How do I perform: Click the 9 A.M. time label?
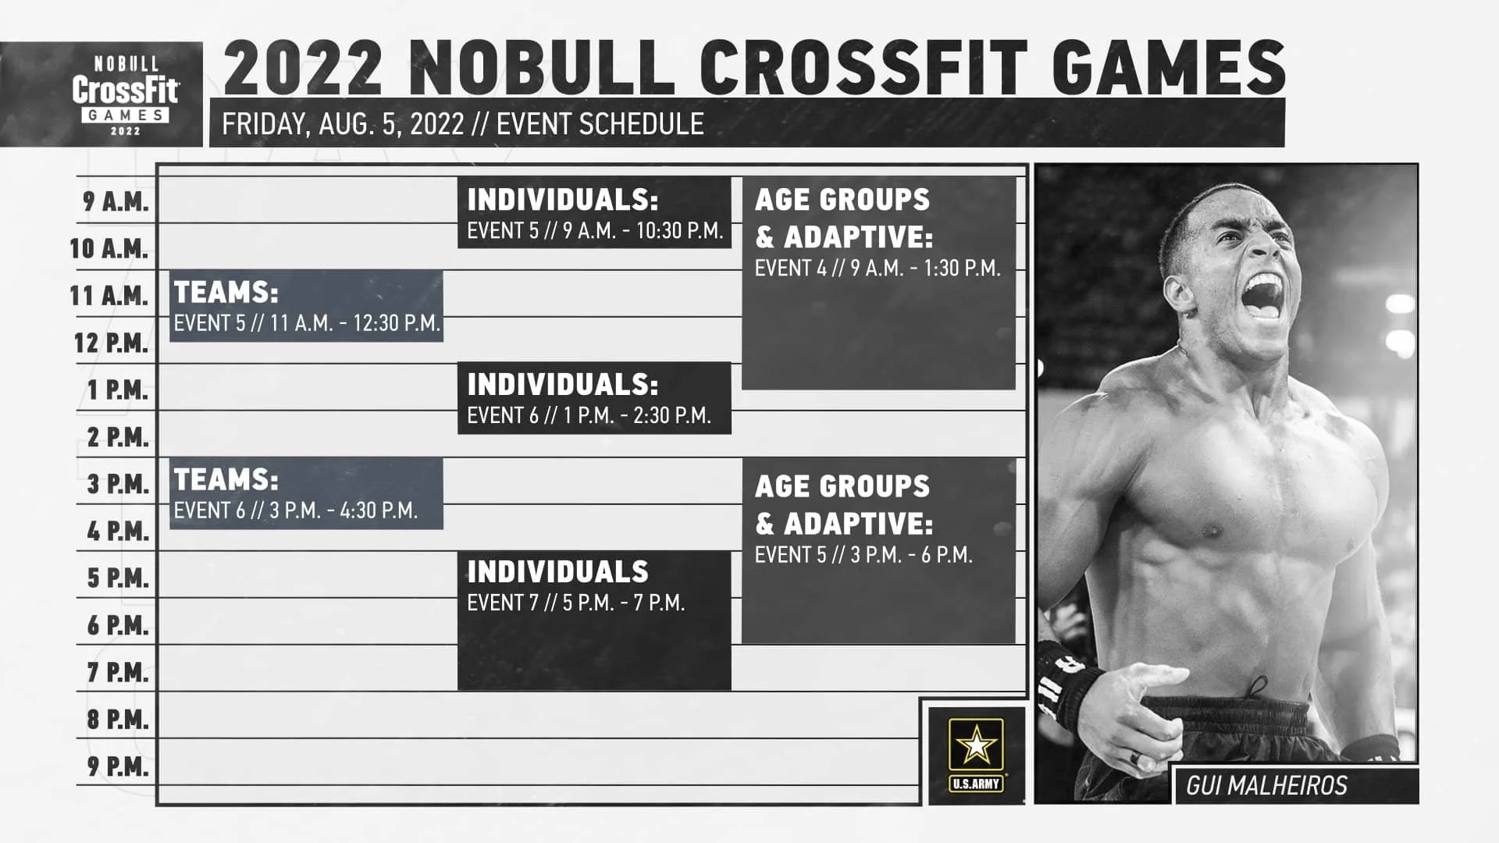pyautogui.click(x=116, y=201)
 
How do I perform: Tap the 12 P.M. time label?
pyautogui.click(x=111, y=343)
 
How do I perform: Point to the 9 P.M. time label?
pyautogui.click(x=117, y=767)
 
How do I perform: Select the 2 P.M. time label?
pyautogui.click(x=117, y=437)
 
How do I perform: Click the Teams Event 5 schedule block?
pyautogui.click(x=306, y=306)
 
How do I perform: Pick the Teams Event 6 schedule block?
pyautogui.click(x=306, y=493)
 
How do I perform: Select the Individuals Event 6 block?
pyautogui.click(x=594, y=398)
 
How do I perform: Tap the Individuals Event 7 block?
pyautogui.click(x=594, y=621)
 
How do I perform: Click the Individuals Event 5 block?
pyautogui.click(x=594, y=212)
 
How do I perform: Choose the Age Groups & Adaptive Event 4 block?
pyautogui.click(x=878, y=283)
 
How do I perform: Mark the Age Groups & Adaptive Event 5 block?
pyautogui.click(x=878, y=550)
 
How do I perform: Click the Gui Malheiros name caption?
pyautogui.click(x=1266, y=785)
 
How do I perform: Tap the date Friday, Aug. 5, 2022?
pyautogui.click(x=343, y=124)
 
